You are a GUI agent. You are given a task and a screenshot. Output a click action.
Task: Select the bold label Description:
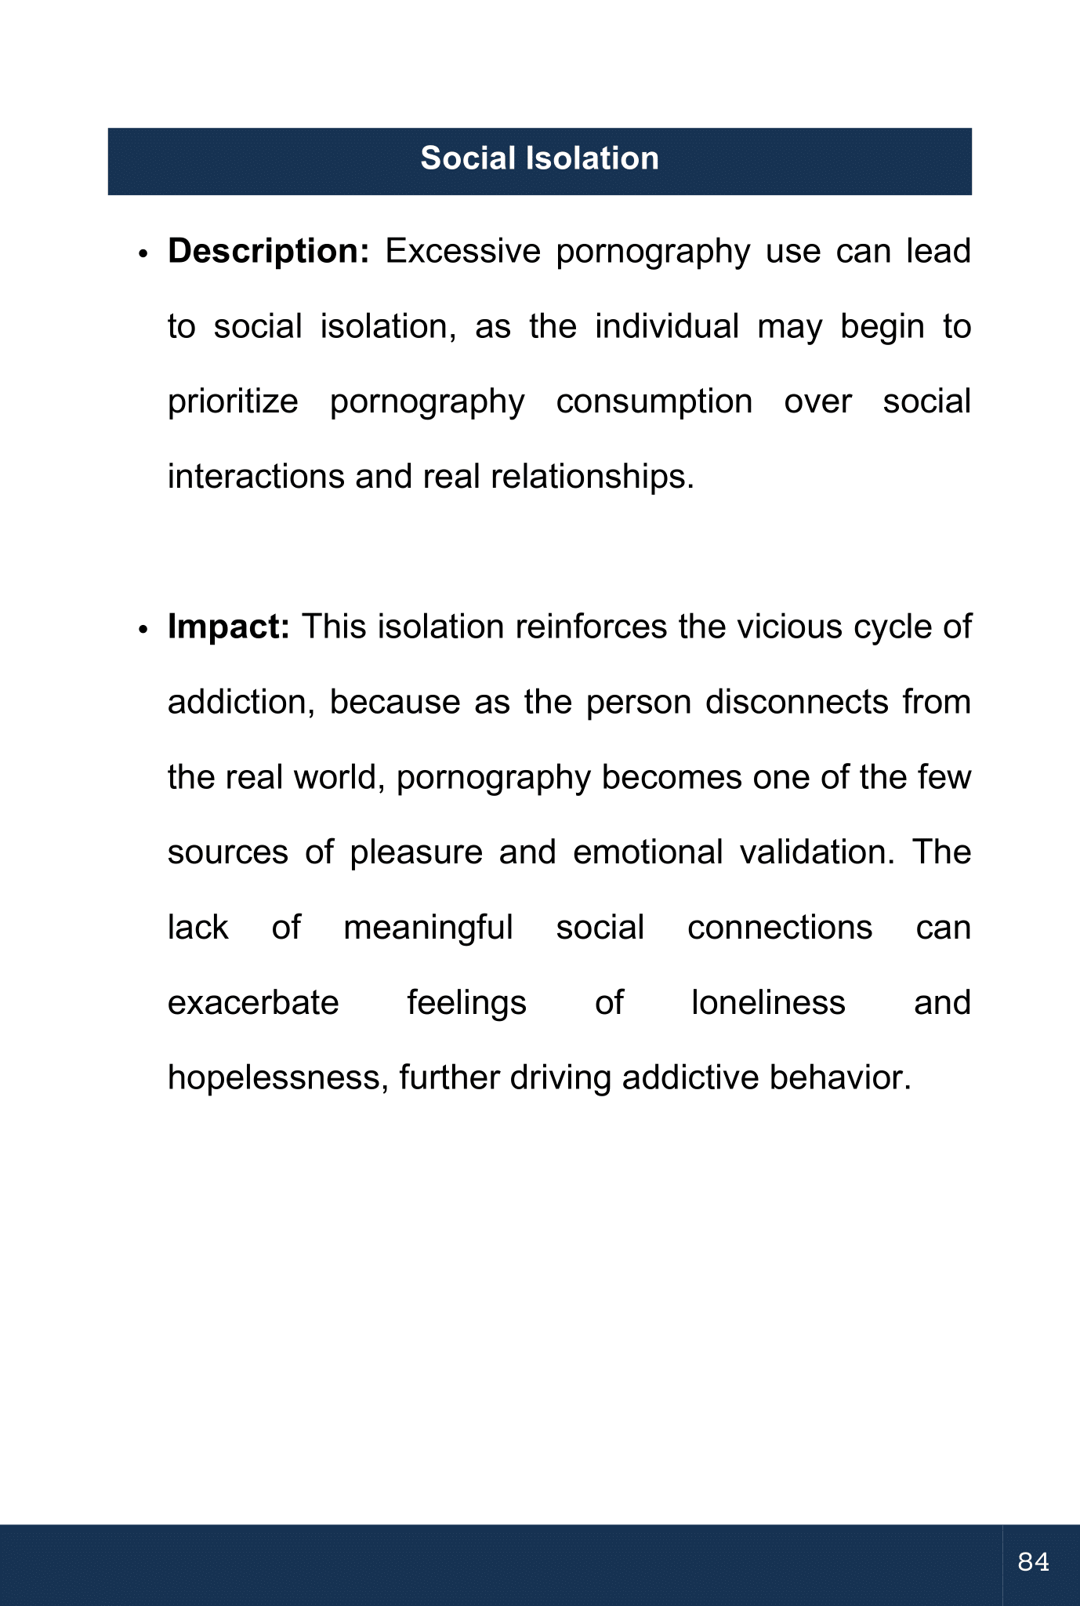point(268,252)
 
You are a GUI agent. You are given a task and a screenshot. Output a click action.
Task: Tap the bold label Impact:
point(229,627)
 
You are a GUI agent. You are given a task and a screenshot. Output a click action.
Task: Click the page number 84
point(1033,1562)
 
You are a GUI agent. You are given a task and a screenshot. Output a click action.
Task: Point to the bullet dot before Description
point(143,256)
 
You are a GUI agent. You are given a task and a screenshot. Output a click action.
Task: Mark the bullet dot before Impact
point(143,631)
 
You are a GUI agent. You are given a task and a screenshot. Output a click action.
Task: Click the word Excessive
point(462,252)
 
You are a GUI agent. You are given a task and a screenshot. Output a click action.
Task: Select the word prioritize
point(233,402)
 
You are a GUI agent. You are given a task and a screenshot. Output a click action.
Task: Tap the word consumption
point(654,402)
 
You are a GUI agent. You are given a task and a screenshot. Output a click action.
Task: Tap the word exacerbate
point(253,1003)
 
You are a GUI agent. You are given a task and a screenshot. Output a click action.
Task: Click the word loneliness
point(768,1003)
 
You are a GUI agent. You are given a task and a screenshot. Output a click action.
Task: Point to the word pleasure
point(416,852)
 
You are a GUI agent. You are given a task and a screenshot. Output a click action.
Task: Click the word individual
point(666,326)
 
